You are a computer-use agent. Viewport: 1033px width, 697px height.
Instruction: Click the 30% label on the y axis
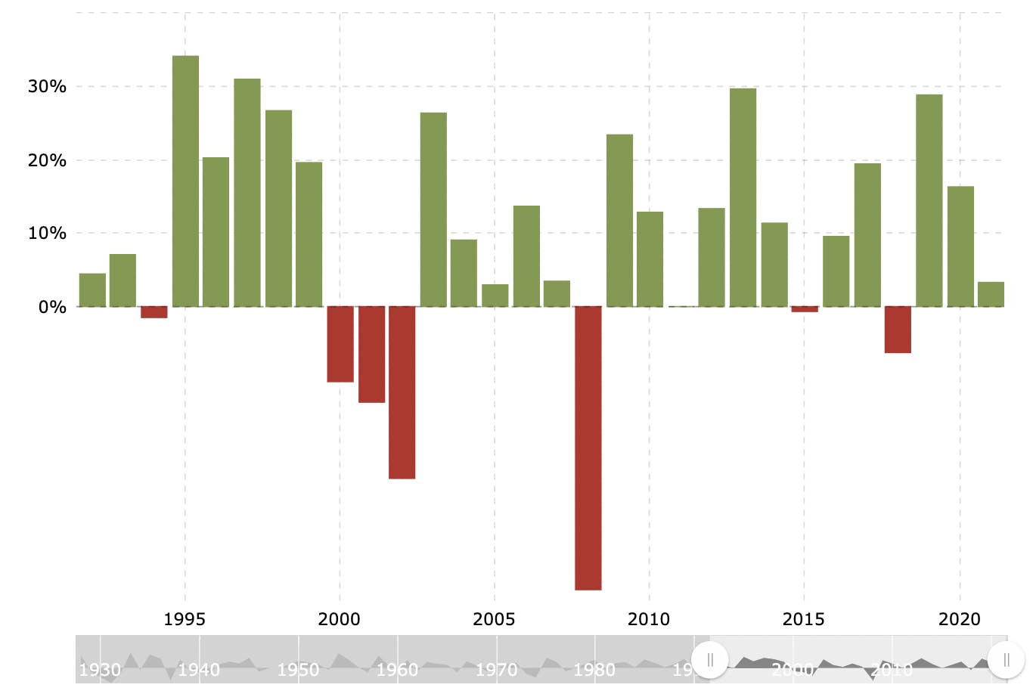tap(47, 87)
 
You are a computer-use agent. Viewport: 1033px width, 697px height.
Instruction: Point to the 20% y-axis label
tap(47, 160)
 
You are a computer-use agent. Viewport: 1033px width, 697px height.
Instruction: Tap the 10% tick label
tap(47, 234)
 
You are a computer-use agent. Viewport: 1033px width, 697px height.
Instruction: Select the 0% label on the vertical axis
tap(51, 307)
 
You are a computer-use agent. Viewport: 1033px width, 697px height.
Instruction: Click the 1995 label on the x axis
tap(185, 620)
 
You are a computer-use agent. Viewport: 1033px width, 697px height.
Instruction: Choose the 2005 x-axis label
tap(494, 620)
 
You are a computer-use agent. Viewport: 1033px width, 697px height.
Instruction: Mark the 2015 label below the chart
tap(803, 620)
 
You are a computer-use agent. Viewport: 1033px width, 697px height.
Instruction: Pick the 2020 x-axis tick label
tap(959, 620)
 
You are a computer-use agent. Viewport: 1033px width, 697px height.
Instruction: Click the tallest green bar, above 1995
tap(185, 181)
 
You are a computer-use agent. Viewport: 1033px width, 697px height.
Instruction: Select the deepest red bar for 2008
tap(588, 448)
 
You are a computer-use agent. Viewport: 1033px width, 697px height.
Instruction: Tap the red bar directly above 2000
tap(340, 344)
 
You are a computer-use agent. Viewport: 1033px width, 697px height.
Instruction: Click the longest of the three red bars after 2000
tap(402, 392)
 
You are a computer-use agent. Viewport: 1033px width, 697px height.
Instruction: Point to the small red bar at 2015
tap(805, 309)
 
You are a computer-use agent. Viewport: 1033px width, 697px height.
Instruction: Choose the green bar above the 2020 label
tap(960, 246)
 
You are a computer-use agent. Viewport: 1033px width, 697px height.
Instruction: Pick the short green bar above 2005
tap(495, 296)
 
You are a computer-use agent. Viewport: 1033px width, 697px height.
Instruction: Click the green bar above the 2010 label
tap(650, 259)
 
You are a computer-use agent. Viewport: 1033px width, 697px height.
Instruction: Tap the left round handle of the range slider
tap(710, 660)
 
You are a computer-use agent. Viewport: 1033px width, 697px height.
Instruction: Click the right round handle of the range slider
tap(1006, 660)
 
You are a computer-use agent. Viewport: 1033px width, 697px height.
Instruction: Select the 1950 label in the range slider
tap(298, 670)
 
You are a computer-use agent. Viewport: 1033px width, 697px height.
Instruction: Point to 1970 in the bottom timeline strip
tap(496, 670)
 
